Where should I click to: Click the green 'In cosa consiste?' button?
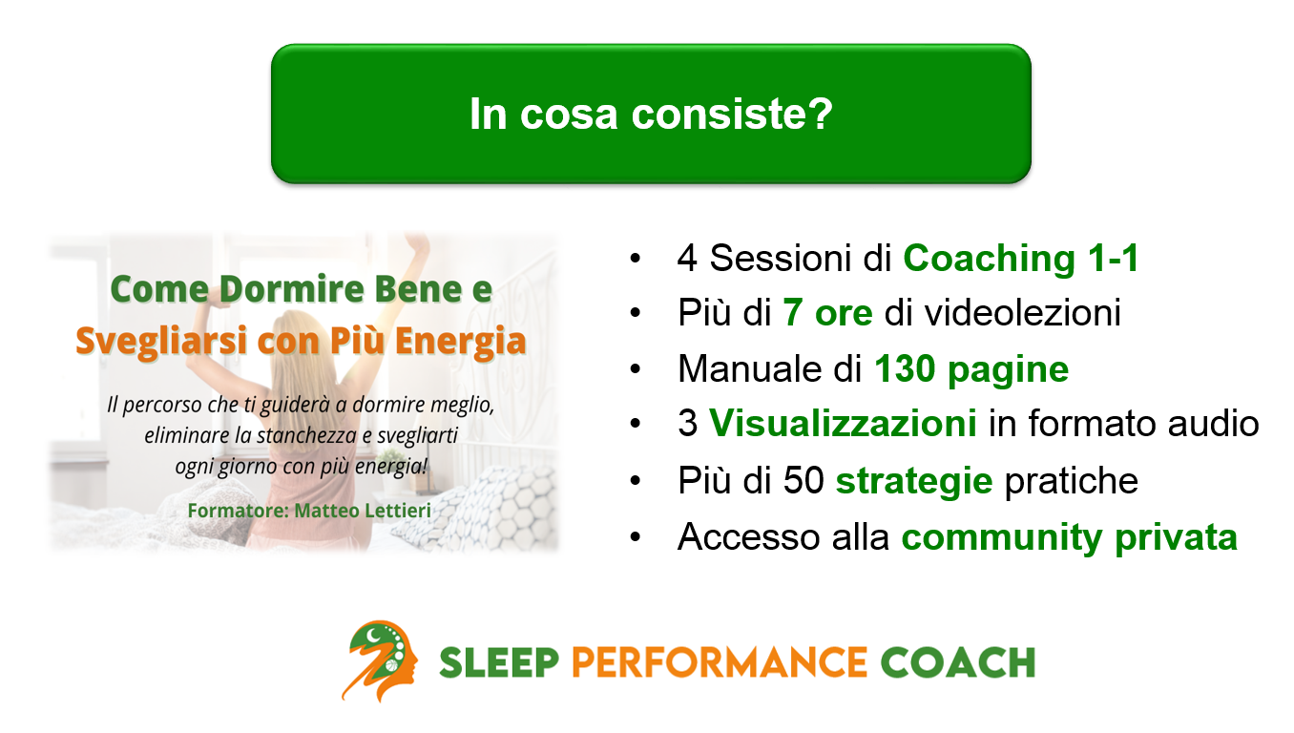(651, 114)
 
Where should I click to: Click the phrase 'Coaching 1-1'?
(1021, 259)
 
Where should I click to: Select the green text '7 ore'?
(827, 314)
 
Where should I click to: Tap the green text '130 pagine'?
(971, 369)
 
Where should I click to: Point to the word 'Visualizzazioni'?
(843, 425)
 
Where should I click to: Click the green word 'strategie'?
(913, 481)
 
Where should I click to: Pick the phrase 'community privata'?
(1069, 537)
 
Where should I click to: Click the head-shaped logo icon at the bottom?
(380, 660)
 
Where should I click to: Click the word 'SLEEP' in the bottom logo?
(499, 661)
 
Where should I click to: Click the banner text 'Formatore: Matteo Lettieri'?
(309, 511)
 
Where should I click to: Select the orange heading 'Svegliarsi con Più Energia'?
(301, 341)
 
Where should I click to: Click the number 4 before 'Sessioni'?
(687, 259)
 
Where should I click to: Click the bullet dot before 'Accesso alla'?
(636, 538)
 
